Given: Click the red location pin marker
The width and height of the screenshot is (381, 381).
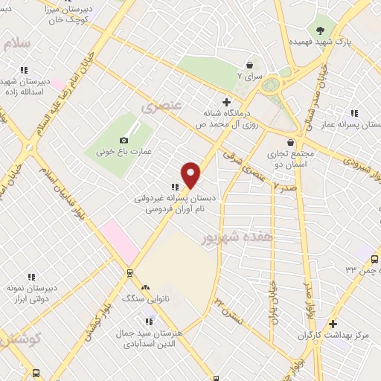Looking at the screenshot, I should pyautogui.click(x=191, y=175).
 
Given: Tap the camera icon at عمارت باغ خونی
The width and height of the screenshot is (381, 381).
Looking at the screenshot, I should pyautogui.click(x=124, y=140).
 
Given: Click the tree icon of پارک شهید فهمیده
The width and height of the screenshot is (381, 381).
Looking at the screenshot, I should pyautogui.click(x=320, y=30).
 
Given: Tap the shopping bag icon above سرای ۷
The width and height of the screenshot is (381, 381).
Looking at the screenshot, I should pyautogui.click(x=249, y=65).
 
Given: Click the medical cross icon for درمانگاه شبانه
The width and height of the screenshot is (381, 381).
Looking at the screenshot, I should pyautogui.click(x=227, y=102).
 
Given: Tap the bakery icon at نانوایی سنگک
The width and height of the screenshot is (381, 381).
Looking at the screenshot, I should pyautogui.click(x=145, y=287).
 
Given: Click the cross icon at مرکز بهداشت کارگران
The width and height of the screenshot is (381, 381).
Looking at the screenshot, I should pyautogui.click(x=333, y=324).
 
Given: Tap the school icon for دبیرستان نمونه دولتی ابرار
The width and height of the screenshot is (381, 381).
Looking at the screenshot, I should pyautogui.click(x=31, y=277).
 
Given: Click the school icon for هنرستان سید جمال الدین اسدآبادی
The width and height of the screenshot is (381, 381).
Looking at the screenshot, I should pyautogui.click(x=150, y=321).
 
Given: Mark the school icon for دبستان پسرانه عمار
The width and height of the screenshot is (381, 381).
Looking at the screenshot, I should pyautogui.click(x=355, y=113).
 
